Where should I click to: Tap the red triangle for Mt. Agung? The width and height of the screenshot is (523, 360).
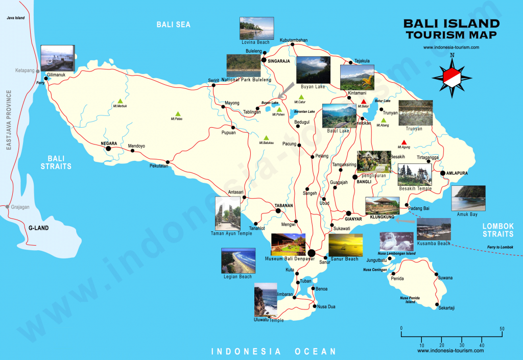404,142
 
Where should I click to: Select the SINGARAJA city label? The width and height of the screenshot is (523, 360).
278,61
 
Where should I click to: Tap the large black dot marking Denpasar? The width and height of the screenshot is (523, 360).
311,252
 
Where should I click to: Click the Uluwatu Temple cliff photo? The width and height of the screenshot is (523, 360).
266,301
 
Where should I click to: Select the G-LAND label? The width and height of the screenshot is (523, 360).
38,228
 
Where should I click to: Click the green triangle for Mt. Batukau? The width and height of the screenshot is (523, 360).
266,137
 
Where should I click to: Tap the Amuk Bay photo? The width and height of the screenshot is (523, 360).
468,198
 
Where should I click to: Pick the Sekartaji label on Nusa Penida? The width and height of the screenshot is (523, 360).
446,307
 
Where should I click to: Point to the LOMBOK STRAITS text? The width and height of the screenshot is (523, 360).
498,230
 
